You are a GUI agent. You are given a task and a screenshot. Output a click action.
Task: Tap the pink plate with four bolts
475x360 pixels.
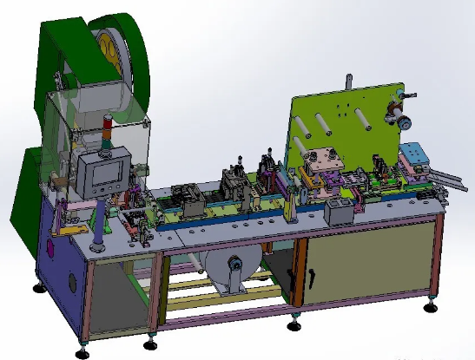322,161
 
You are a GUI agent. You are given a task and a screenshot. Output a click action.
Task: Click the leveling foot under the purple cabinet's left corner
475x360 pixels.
38,287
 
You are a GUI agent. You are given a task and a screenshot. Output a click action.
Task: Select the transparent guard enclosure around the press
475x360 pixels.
96,130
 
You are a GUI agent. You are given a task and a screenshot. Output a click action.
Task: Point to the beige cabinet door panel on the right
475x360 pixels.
365,260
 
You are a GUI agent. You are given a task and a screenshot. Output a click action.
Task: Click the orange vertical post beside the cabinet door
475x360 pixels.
298,273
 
